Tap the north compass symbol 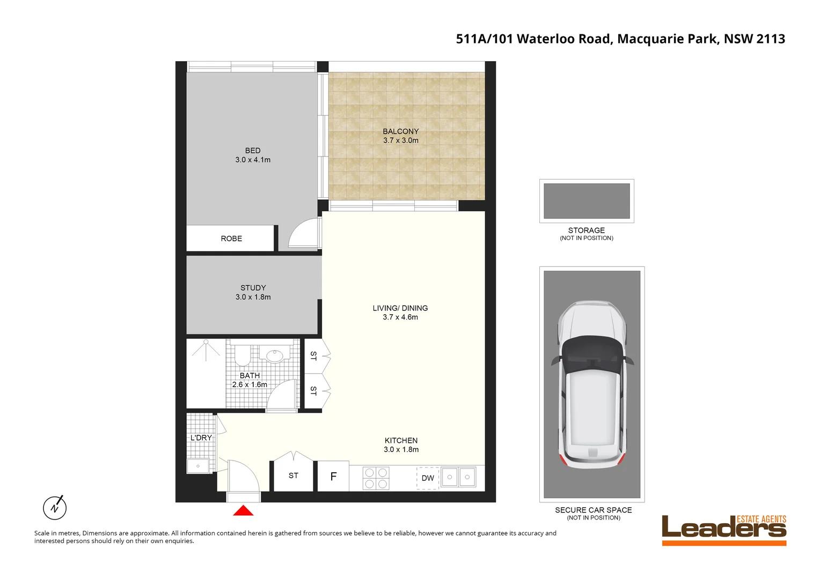coord(55,507)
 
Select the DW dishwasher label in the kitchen coord(428,478)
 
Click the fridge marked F coord(333,477)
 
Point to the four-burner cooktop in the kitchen coord(376,478)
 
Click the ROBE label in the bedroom coord(231,239)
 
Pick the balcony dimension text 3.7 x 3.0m coord(401,140)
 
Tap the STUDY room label coord(253,288)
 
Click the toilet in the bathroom coord(243,353)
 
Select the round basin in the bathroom coord(275,355)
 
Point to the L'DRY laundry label coord(201,438)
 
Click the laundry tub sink coord(198,466)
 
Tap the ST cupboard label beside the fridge coord(294,476)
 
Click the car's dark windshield coord(592,354)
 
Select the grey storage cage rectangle coord(587,201)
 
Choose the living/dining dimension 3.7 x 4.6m coord(400,317)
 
